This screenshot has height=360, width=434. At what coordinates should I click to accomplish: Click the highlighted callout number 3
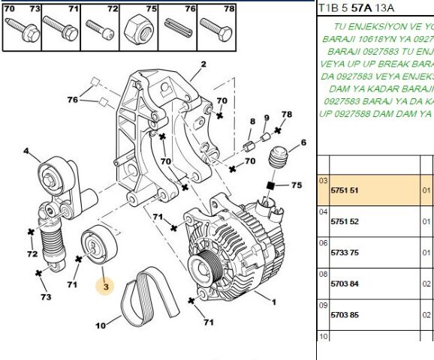(x=106, y=286)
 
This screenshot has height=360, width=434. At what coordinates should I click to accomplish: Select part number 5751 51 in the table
(x=345, y=190)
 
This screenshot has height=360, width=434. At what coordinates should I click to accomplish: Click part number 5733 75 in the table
(x=345, y=253)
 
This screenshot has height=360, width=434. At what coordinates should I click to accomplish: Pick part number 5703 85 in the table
(x=345, y=315)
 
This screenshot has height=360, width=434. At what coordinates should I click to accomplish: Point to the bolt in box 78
(x=216, y=29)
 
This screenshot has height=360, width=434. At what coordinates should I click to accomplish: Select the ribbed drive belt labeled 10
(x=149, y=295)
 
